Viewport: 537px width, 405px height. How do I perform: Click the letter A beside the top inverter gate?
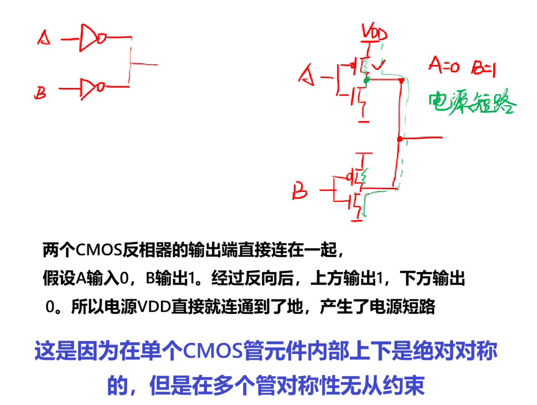[44, 38]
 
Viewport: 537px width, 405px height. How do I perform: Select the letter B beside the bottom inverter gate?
[40, 93]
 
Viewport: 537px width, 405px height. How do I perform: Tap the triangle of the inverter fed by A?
[88, 38]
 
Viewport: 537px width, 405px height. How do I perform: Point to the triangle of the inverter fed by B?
[87, 88]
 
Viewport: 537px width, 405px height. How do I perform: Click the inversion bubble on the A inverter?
[101, 38]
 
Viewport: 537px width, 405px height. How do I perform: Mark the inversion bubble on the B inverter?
[100, 87]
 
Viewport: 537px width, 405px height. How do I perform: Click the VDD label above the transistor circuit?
[374, 34]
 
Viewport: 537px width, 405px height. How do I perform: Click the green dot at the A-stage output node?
[366, 80]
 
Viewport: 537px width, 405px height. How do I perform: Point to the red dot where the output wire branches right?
[400, 139]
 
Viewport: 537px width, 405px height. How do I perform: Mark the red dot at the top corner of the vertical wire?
[401, 81]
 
